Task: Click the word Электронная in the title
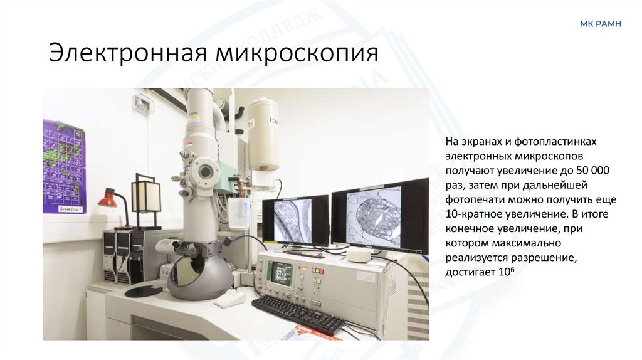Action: [129, 53]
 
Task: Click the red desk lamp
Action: [108, 200]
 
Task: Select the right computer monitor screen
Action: [379, 215]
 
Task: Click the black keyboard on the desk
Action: [297, 313]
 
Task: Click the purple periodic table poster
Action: [63, 166]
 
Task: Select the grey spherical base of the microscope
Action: [200, 274]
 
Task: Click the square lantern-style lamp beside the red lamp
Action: [145, 196]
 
